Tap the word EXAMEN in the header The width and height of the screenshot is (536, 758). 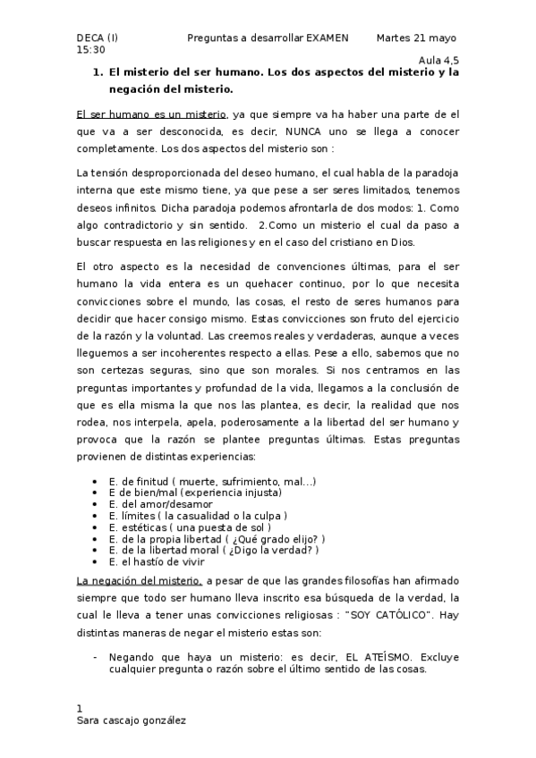click(331, 38)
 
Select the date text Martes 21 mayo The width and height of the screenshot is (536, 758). click(416, 38)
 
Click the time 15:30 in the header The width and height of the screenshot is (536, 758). click(90, 50)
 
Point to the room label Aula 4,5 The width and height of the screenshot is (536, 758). click(438, 62)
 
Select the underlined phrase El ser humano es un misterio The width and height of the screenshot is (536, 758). click(151, 115)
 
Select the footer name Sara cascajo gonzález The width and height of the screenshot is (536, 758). click(133, 720)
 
